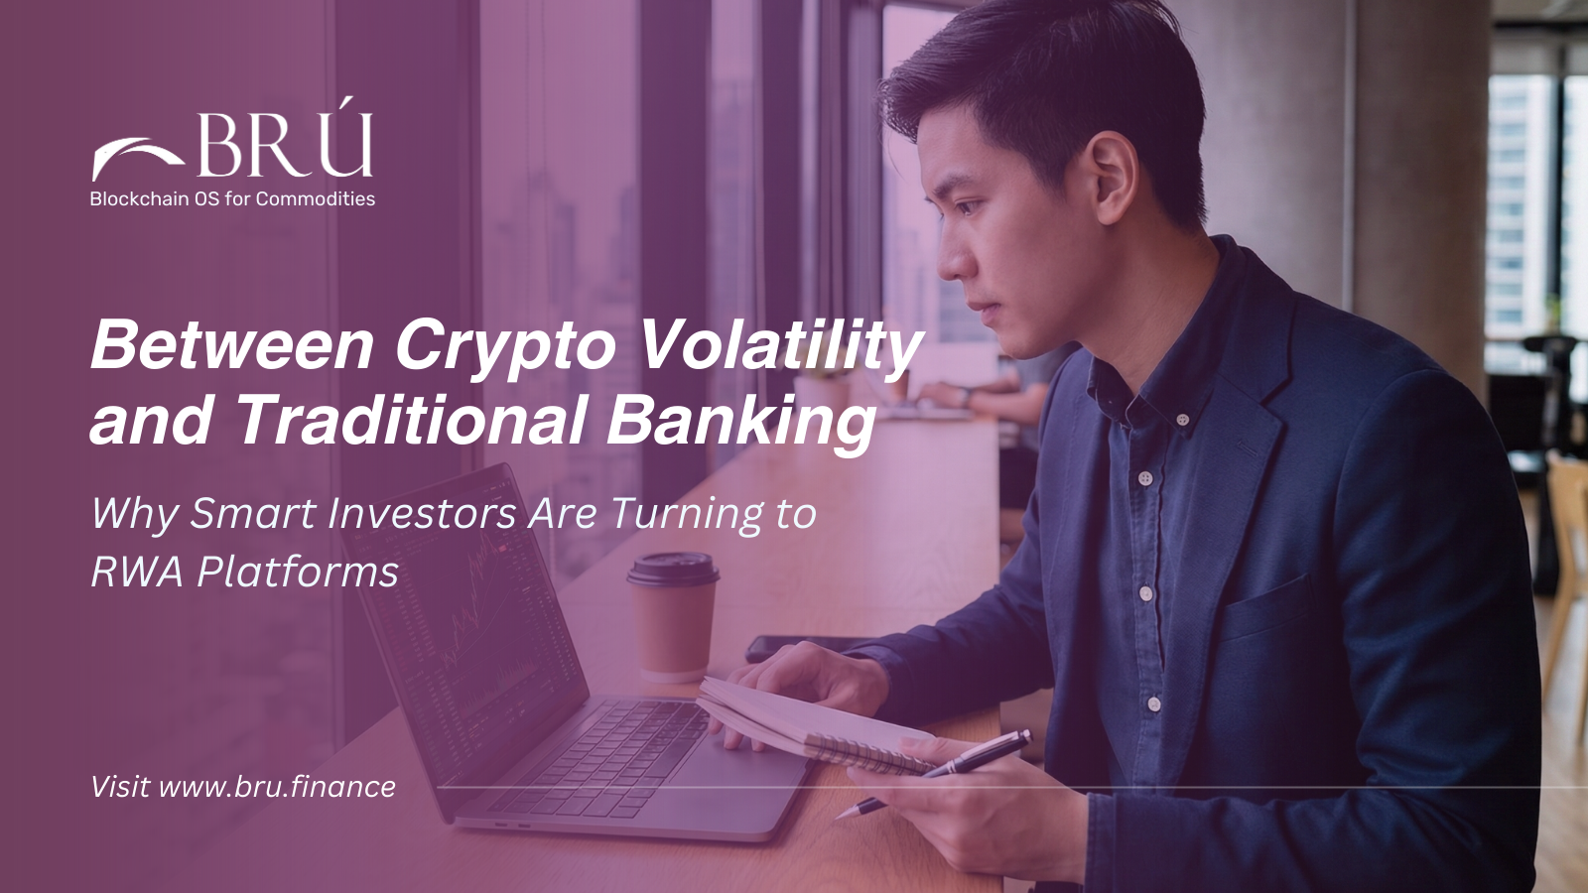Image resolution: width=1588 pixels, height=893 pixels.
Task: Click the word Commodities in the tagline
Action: pos(316,198)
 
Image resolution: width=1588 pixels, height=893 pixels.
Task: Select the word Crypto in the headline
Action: pos(505,346)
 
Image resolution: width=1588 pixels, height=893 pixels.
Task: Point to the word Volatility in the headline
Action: pos(780,346)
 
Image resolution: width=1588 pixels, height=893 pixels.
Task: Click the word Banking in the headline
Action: pos(741,421)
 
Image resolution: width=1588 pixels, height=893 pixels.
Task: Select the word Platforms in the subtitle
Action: pos(298,573)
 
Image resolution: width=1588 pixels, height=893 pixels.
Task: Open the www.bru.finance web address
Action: pos(277,787)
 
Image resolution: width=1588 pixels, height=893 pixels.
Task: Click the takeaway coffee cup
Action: pos(674,620)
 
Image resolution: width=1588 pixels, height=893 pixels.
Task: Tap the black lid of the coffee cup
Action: pos(673,569)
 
